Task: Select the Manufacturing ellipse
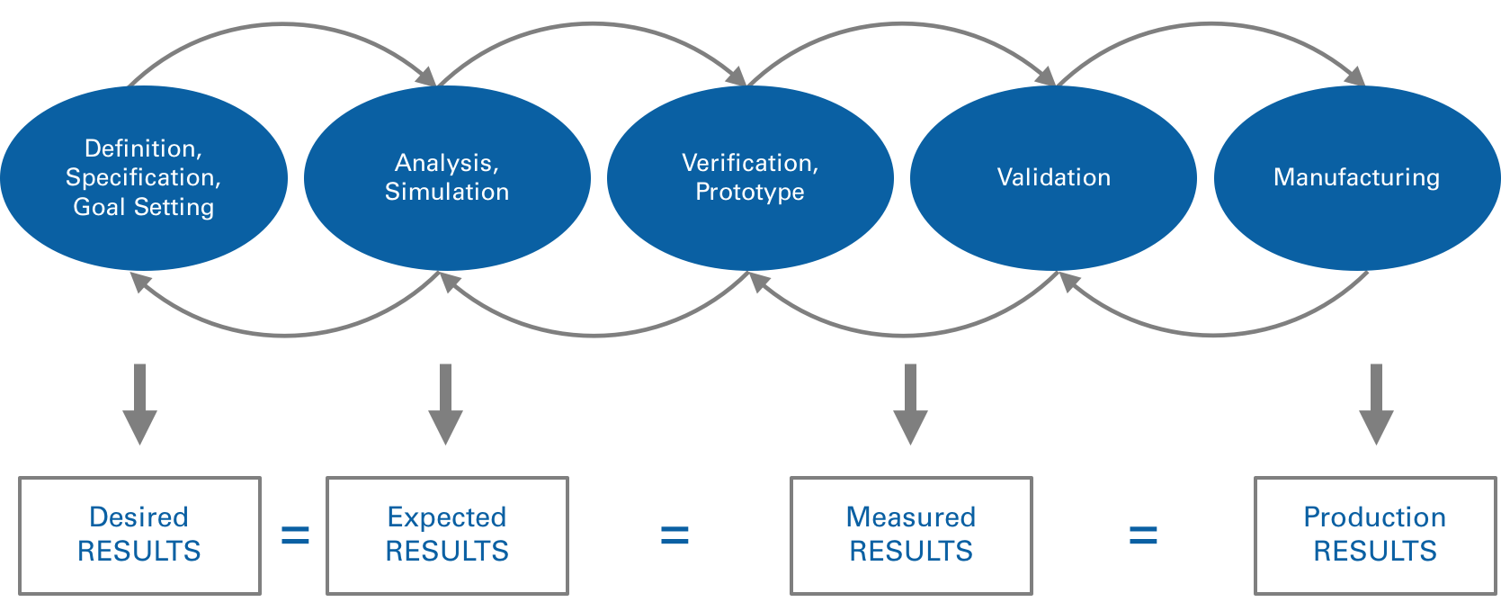pyautogui.click(x=1356, y=216)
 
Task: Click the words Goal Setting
pyautogui.click(x=144, y=207)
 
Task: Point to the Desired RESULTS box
pyautogui.click(x=139, y=535)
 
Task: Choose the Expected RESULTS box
pyautogui.click(x=447, y=535)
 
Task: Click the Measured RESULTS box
pyautogui.click(x=911, y=535)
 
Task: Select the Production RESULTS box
pyautogui.click(x=1375, y=535)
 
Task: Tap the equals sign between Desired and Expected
pyautogui.click(x=295, y=536)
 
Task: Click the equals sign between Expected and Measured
pyautogui.click(x=675, y=536)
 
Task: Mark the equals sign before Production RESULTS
pyautogui.click(x=1143, y=536)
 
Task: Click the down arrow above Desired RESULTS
pyautogui.click(x=139, y=405)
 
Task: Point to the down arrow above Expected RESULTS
pyautogui.click(x=445, y=405)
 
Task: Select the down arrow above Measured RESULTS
pyautogui.click(x=910, y=405)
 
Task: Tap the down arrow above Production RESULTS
pyautogui.click(x=1376, y=405)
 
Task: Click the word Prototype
pyautogui.click(x=750, y=192)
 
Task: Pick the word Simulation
pyautogui.click(x=447, y=192)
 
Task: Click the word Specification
pyautogui.click(x=142, y=177)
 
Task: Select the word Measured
pyautogui.click(x=911, y=517)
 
